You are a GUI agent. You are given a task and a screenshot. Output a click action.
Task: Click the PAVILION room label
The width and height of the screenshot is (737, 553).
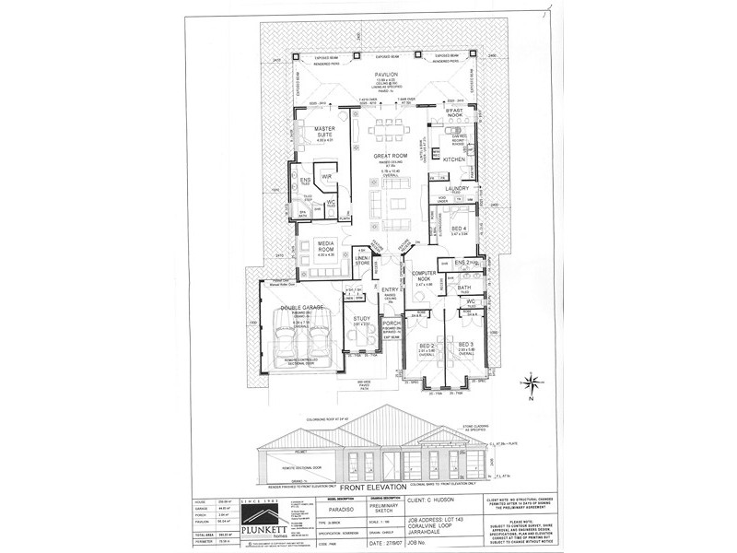[386, 73]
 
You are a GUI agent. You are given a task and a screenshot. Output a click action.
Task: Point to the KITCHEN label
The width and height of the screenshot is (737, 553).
[455, 159]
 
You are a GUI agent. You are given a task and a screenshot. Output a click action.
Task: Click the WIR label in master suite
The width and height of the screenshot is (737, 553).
[326, 175]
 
